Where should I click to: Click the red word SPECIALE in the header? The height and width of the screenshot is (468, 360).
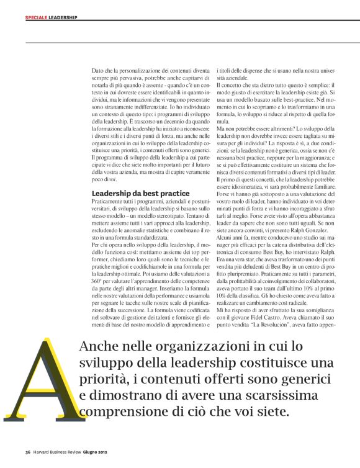[37, 17]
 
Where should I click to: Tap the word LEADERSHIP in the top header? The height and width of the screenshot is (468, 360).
[63, 17]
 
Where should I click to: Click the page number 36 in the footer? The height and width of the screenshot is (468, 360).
[28, 451]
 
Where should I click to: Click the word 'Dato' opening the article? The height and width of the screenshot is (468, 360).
[98, 72]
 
